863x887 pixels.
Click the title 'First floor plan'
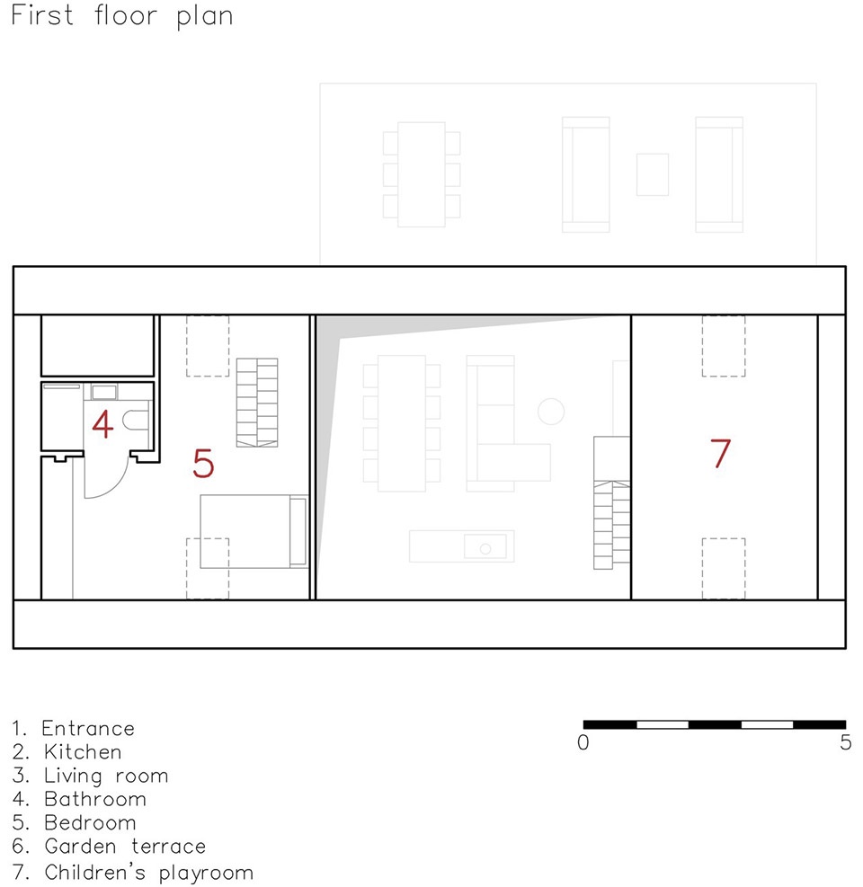(121, 15)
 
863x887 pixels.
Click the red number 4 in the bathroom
(102, 424)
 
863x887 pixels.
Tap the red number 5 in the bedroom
(203, 464)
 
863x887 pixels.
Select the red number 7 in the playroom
(720, 453)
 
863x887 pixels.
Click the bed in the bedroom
(254, 531)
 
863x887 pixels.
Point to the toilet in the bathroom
(137, 421)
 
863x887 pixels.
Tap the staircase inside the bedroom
(257, 403)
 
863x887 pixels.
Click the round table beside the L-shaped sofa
(551, 412)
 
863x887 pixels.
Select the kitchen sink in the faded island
(485, 547)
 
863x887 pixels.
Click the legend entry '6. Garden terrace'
(109, 847)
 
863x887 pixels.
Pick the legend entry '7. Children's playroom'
(132, 872)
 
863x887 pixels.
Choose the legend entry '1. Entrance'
(73, 728)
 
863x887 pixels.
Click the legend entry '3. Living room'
(90, 776)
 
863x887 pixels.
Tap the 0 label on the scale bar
(583, 742)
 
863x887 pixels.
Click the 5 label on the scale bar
(845, 742)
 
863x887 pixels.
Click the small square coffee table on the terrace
(653, 175)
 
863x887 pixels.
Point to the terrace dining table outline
(421, 175)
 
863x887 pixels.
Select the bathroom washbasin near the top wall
(104, 392)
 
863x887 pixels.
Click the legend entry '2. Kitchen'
(67, 752)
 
